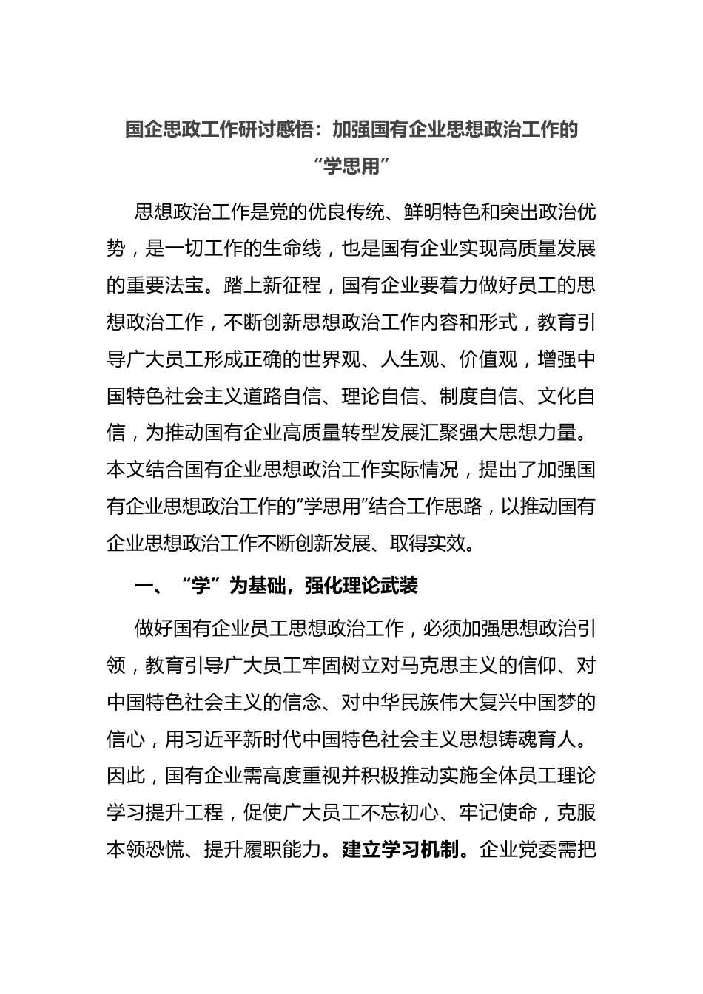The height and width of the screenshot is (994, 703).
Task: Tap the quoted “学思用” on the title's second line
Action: click(351, 166)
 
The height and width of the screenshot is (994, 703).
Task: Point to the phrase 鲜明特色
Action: click(440, 212)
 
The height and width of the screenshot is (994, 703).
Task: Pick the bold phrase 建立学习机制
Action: click(400, 850)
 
